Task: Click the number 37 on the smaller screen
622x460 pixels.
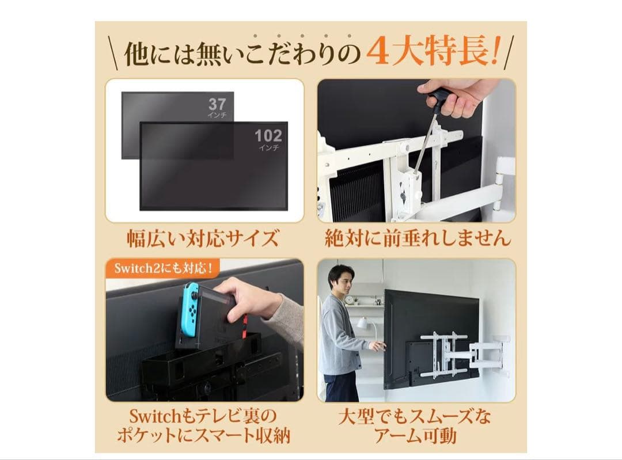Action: point(217,104)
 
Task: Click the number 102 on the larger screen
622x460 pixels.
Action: point(268,136)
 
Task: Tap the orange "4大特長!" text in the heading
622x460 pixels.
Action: point(432,52)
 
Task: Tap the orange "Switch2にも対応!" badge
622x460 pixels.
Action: point(163,268)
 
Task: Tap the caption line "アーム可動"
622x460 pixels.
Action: point(415,436)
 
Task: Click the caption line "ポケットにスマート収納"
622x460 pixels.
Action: point(203,436)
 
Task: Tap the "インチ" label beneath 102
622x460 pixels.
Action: point(268,148)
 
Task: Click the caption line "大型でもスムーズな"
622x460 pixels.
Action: point(415,416)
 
